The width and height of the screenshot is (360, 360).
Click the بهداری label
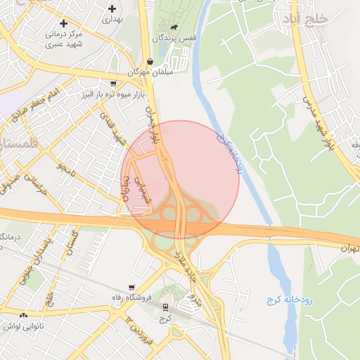[x=112, y=20]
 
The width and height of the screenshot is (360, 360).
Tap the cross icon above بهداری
[x=112, y=8]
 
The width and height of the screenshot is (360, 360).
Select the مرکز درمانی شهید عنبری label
[x=67, y=39]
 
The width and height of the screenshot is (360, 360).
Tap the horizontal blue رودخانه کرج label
[x=289, y=300]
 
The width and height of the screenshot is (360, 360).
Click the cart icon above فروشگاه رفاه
[x=131, y=288]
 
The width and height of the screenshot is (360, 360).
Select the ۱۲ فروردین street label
[x=140, y=328]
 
